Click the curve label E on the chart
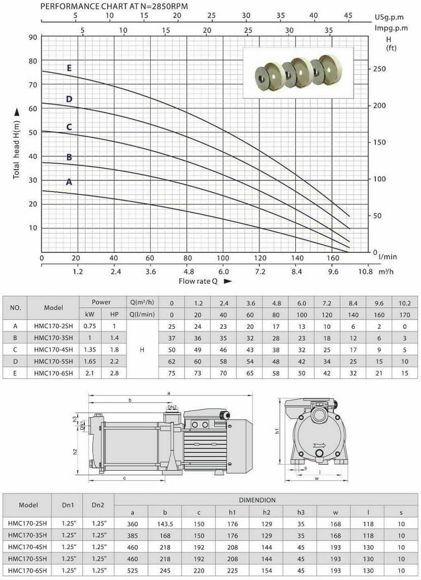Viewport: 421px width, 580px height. point(69,68)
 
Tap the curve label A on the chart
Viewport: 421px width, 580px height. point(69,182)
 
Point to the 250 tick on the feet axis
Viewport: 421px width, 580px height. point(379,69)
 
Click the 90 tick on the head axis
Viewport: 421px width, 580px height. point(33,37)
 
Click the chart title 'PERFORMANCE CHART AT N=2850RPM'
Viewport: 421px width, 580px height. point(114,6)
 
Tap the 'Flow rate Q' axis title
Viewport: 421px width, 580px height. point(198,281)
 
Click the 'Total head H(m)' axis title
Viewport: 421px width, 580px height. point(16,150)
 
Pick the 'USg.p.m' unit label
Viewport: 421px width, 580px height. point(389,17)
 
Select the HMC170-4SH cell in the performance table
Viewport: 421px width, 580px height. point(53,349)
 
